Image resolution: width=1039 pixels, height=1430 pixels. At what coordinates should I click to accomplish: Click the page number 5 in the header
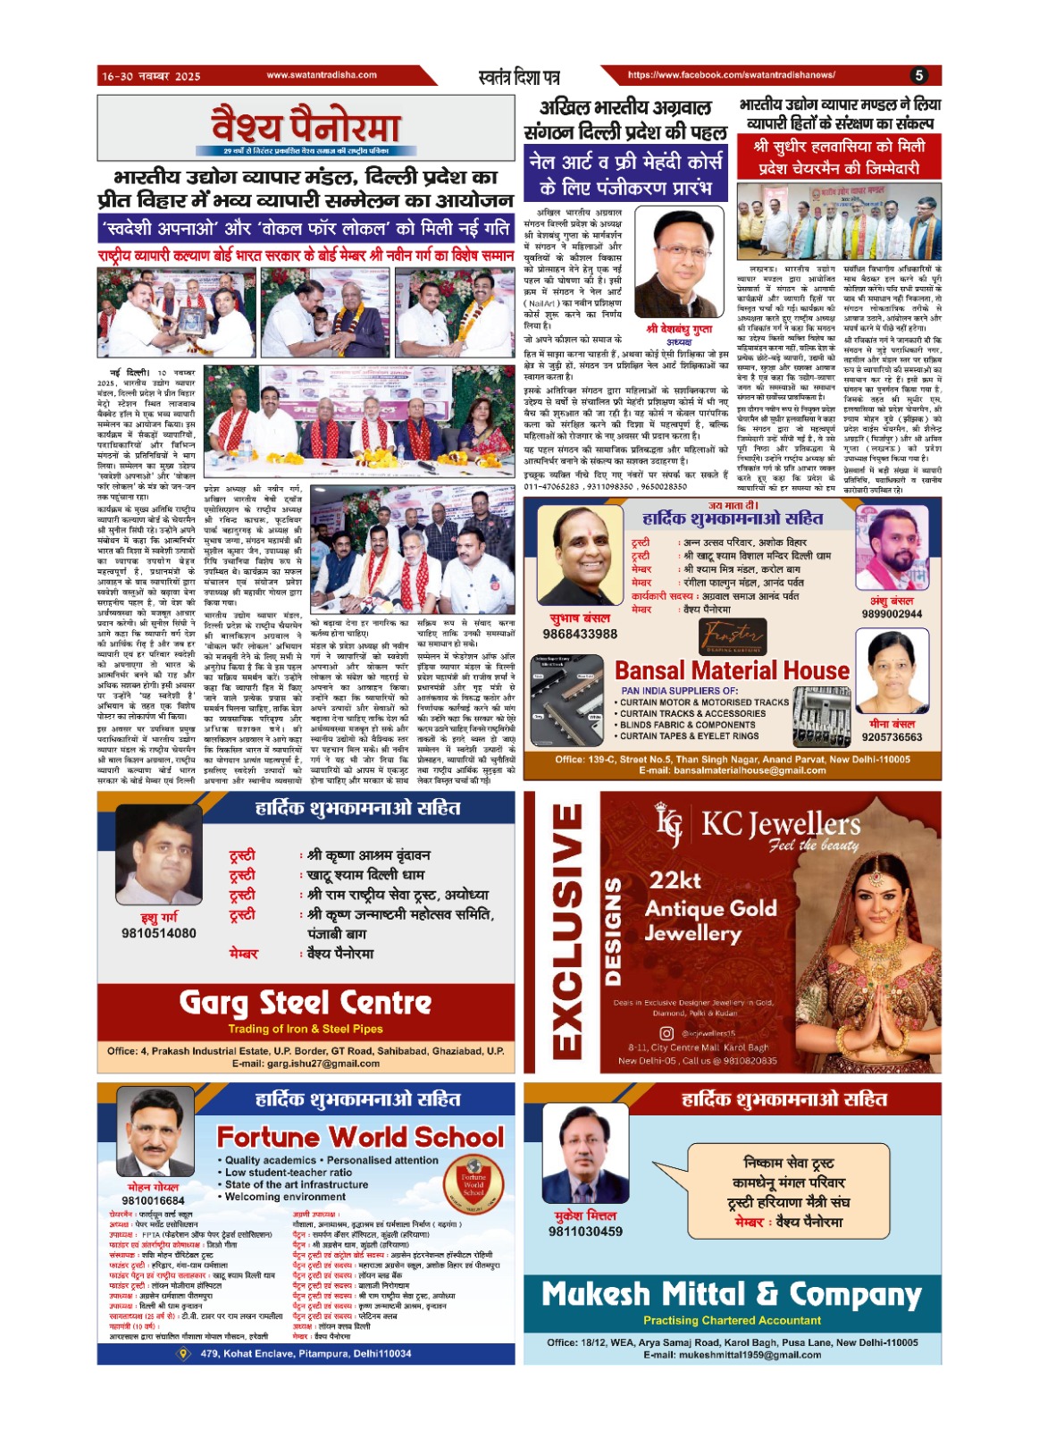(x=919, y=76)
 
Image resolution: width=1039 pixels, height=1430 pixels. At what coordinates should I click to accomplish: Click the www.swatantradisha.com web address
(x=322, y=75)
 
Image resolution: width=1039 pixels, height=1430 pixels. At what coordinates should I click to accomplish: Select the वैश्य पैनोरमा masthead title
(x=306, y=125)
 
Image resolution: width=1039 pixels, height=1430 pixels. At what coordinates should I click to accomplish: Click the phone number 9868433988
(x=580, y=634)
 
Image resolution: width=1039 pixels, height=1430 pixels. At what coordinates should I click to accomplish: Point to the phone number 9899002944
(x=892, y=614)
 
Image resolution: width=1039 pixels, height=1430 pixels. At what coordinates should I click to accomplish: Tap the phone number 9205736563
(x=892, y=737)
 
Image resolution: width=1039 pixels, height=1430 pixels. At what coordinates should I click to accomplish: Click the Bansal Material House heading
(x=732, y=670)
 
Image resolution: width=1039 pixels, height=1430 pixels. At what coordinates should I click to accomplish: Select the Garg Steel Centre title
(x=306, y=1003)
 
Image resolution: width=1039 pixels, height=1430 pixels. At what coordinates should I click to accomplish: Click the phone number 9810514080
(x=159, y=933)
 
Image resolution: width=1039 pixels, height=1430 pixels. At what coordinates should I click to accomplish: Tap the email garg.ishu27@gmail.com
(x=306, y=1064)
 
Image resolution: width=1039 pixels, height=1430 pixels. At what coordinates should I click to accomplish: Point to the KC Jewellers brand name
(x=780, y=823)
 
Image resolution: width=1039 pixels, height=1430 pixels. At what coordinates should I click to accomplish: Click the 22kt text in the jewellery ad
(x=675, y=880)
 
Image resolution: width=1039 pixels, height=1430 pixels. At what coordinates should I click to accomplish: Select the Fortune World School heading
(x=361, y=1137)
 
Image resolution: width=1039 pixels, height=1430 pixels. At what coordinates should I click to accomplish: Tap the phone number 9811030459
(x=585, y=1232)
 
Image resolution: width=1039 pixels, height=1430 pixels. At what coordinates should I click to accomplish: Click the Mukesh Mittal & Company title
(x=732, y=1294)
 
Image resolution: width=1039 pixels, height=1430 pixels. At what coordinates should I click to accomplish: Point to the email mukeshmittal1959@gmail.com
(x=732, y=1355)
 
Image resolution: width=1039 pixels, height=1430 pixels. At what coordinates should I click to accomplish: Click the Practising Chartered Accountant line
(x=732, y=1320)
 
